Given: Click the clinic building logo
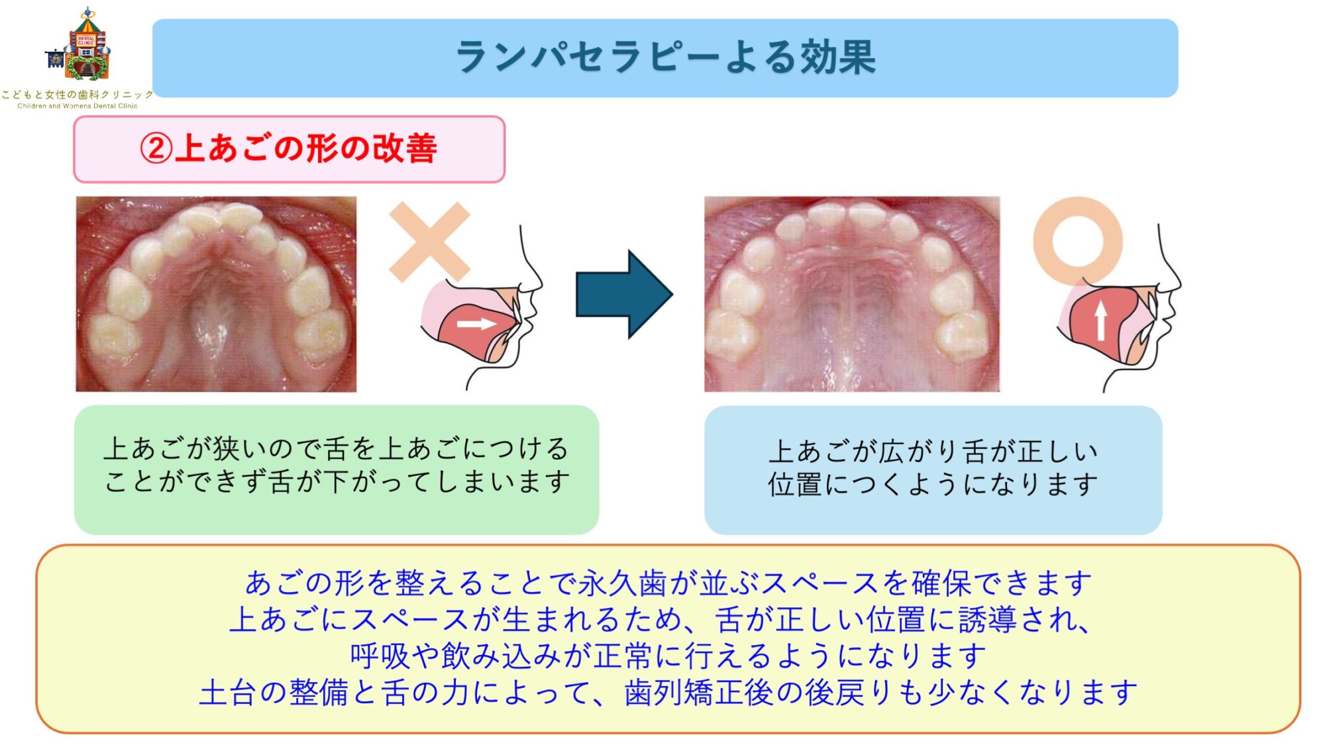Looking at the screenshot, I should click(x=83, y=46).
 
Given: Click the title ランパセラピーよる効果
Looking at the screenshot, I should click(x=665, y=57).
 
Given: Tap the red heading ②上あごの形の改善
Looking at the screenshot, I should click(x=289, y=148).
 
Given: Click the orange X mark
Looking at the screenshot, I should click(x=429, y=242).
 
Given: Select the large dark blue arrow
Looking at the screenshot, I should click(x=623, y=295).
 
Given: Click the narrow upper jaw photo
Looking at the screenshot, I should click(x=216, y=294).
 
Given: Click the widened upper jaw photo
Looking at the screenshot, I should click(x=852, y=294).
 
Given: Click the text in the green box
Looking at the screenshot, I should click(x=337, y=465).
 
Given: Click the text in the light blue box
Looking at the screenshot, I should click(x=933, y=468).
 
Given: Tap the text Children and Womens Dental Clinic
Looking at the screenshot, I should click(x=78, y=106).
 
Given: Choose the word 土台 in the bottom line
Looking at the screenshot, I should click(x=227, y=693).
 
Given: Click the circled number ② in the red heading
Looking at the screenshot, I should click(x=156, y=148).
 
